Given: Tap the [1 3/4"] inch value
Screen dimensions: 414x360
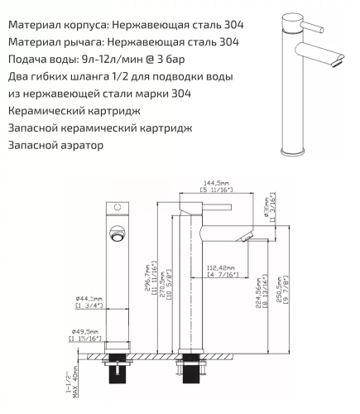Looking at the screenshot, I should pyautogui.click(x=89, y=306).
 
